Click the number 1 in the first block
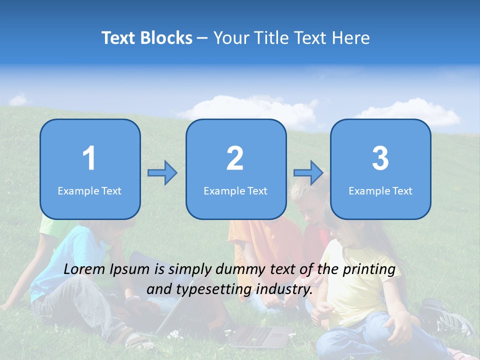[x=89, y=158]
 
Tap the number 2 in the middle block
[x=235, y=158]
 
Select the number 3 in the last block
[x=380, y=158]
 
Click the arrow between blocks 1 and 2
[x=162, y=173]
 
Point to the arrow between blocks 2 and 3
[x=308, y=173]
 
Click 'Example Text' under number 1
[x=89, y=190]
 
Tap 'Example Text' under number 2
[x=235, y=190]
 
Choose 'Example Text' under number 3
[x=380, y=190]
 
